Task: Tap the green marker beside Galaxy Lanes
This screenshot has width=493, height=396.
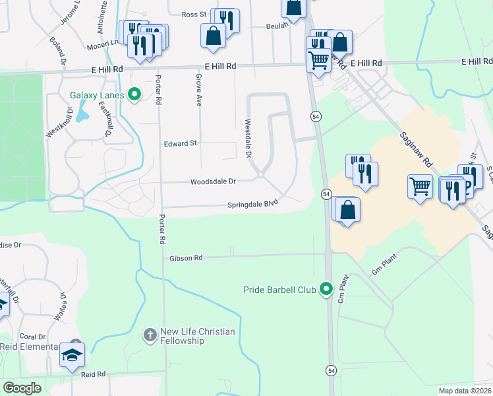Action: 135,95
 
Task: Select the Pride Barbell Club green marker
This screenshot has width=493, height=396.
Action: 326,289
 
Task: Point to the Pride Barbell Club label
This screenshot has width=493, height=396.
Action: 280,289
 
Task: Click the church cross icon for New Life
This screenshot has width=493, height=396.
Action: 150,336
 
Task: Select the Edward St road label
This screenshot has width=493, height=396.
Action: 181,143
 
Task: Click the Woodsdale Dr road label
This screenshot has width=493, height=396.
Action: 213,181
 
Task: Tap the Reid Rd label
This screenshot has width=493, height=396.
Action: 94,374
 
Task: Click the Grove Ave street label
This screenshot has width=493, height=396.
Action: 198,90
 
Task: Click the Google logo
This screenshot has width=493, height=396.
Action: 22,388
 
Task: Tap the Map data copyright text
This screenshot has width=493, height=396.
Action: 465,391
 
